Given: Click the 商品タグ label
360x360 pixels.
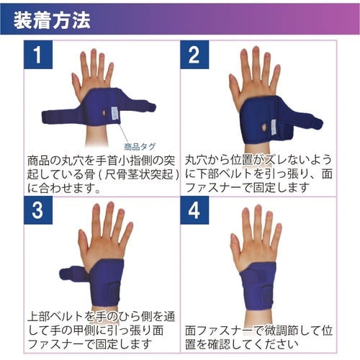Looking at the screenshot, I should point(140,145).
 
